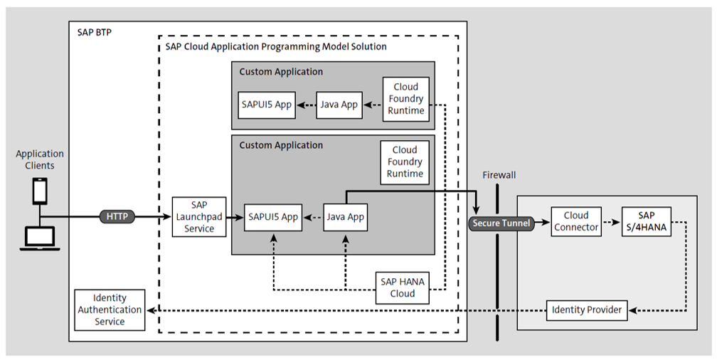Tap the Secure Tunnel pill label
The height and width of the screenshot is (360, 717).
click(501, 223)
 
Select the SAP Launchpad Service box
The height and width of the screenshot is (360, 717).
click(198, 217)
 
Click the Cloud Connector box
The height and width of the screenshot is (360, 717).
click(575, 221)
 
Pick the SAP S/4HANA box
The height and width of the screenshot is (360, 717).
click(646, 221)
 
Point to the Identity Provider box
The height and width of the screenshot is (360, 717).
click(587, 309)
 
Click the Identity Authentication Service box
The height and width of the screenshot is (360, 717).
click(110, 309)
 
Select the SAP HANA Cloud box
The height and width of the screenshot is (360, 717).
click(402, 287)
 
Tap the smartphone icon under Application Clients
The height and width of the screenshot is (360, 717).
click(40, 191)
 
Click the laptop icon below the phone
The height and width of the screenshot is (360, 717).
click(40, 238)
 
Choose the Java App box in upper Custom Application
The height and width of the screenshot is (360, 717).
click(339, 105)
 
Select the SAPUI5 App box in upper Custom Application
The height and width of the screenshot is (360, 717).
click(265, 105)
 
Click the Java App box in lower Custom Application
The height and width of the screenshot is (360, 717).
click(346, 216)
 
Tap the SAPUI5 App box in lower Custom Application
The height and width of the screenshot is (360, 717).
click(272, 216)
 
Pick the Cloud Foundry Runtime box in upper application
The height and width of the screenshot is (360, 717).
click(405, 99)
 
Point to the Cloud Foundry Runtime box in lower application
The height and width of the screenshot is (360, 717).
click(405, 162)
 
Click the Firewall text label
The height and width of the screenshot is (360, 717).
click(499, 174)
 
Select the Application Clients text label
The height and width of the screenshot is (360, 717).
click(40, 159)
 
